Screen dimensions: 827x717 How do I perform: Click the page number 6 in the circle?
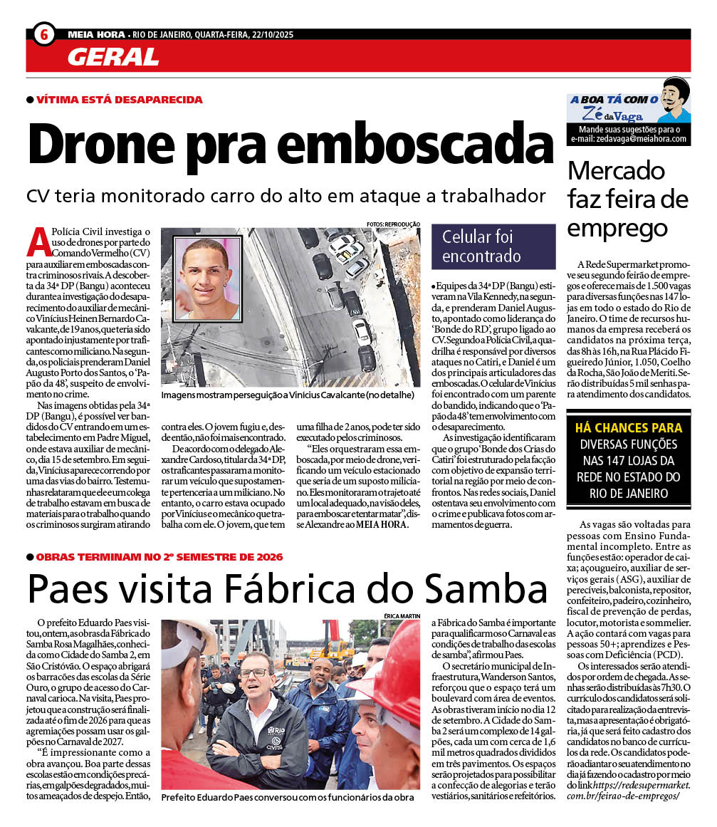[44, 33]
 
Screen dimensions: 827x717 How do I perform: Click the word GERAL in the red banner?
[113, 57]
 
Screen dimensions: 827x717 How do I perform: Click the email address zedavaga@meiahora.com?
[629, 139]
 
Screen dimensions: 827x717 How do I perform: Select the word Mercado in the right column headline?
[617, 171]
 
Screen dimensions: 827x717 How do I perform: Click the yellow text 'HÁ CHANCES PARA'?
[628, 428]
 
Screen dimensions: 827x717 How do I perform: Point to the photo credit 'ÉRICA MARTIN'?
[400, 615]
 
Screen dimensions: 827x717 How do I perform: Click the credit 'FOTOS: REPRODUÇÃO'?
[393, 224]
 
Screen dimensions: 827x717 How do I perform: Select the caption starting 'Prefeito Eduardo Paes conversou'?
[288, 797]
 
